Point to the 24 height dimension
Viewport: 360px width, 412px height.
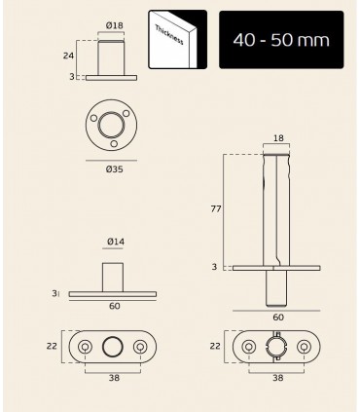point(82,56)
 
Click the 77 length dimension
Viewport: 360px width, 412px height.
point(216,208)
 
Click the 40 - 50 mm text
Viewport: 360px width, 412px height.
point(282,40)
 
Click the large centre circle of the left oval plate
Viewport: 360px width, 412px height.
point(113,348)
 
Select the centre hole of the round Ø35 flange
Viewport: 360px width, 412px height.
point(111,125)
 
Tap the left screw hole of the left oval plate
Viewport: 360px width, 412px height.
point(86,348)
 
